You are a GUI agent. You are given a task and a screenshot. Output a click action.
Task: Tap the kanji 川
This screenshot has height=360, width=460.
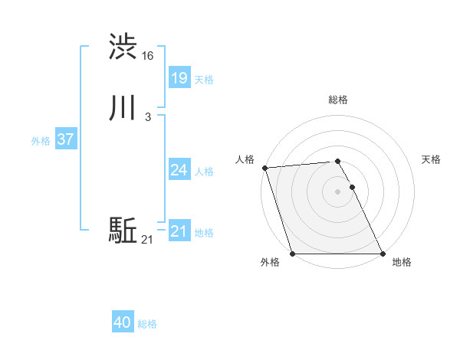123,110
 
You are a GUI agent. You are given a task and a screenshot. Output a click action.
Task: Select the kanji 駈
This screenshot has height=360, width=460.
123,230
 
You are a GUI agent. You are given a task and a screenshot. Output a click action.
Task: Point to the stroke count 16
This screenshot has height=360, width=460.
148,56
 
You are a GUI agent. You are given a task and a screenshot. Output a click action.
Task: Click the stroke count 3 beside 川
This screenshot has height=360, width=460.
148,117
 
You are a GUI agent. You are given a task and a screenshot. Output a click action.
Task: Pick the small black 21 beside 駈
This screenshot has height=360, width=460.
147,241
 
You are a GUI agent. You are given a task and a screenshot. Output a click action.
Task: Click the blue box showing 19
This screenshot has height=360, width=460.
179,77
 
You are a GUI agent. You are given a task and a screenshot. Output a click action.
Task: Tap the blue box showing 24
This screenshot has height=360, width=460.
179,170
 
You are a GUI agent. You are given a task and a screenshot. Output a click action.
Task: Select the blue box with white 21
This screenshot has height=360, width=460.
179,231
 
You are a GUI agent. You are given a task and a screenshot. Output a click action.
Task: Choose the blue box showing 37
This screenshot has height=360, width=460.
66,139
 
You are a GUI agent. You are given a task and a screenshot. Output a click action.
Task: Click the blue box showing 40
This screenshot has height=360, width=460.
123,322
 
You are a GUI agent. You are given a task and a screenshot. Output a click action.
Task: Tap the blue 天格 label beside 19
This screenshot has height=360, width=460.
204,79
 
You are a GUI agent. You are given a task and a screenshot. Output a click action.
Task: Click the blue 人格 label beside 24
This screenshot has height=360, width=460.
204,172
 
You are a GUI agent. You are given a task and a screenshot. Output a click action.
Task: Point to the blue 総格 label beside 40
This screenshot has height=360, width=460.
147,324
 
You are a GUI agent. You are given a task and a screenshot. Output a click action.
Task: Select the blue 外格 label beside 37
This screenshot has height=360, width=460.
41,141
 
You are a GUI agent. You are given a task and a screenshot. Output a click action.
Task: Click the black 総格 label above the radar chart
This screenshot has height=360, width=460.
338,100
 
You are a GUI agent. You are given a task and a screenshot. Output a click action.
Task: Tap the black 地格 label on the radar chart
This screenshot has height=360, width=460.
402,262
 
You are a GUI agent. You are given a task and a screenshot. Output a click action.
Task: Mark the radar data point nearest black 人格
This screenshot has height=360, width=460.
264,168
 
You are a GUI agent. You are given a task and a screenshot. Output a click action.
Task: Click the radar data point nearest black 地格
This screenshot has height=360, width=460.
383,254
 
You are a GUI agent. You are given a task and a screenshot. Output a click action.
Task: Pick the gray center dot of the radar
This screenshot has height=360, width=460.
338,191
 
